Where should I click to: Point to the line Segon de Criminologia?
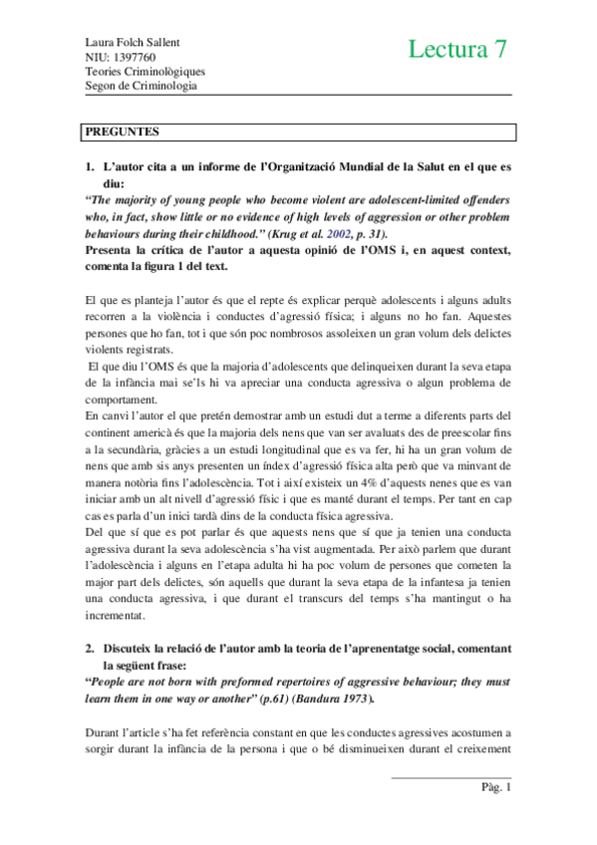[141, 85]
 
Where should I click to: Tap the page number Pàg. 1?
[494, 788]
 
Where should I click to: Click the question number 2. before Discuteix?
[89, 649]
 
